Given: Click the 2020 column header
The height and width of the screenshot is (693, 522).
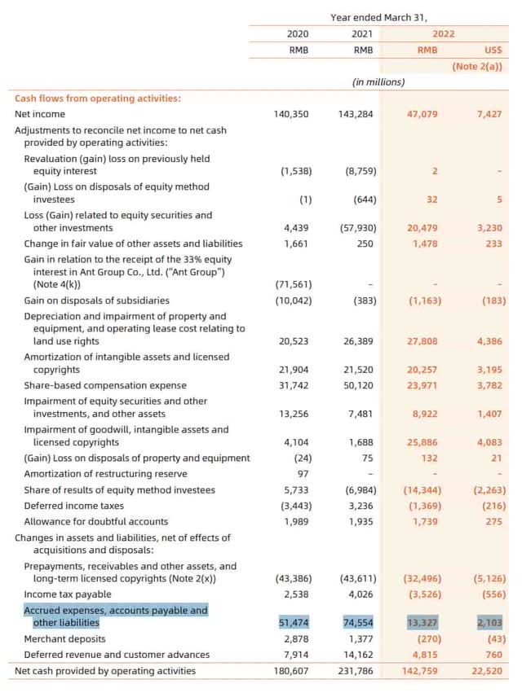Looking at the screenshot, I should [x=298, y=33].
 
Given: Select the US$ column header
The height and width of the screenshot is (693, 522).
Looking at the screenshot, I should [x=494, y=50].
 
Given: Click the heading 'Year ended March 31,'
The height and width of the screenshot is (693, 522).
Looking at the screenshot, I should [x=378, y=16].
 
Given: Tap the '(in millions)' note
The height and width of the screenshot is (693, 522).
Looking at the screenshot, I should [x=378, y=82].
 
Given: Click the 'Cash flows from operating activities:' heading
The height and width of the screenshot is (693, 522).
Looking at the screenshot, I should [x=98, y=99].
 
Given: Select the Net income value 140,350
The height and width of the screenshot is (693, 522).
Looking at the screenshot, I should [x=292, y=114].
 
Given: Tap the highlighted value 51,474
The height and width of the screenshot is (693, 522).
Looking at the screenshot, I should [x=292, y=622].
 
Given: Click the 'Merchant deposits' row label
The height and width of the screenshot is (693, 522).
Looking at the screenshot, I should [x=64, y=638].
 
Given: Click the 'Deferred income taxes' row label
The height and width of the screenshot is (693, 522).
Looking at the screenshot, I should [x=74, y=506].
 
